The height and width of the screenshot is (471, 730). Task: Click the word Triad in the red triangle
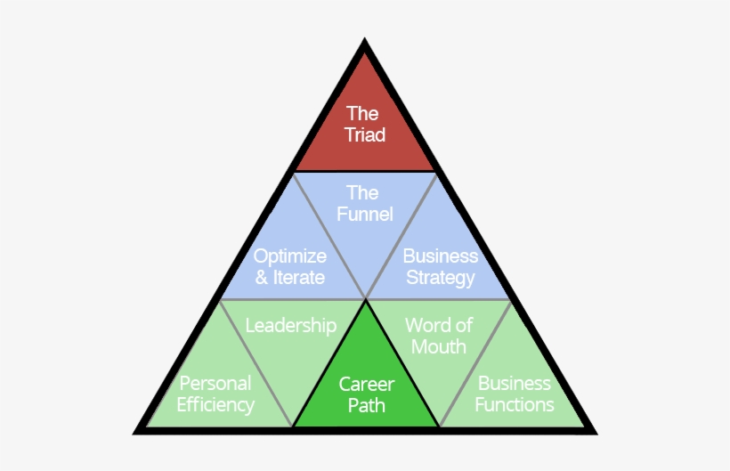[x=365, y=136]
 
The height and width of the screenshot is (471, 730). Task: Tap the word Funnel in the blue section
[x=365, y=215]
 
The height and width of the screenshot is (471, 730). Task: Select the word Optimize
[x=290, y=256]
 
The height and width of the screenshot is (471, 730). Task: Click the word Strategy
[x=440, y=278]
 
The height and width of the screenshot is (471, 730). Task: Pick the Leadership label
[x=291, y=325]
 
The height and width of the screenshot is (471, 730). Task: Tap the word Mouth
[x=439, y=346]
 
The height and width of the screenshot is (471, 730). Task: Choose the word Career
[x=366, y=385]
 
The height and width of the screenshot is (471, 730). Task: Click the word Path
[x=366, y=406]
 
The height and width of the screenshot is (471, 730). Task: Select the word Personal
[x=215, y=384]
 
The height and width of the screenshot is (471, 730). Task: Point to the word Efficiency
[x=215, y=405]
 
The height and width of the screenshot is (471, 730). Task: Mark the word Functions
[x=515, y=405]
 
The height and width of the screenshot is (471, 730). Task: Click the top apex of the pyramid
[x=365, y=42]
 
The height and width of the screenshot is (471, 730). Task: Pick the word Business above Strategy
[x=440, y=256]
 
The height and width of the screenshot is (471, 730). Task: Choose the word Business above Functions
[x=515, y=384]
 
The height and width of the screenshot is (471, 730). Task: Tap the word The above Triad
[x=363, y=114]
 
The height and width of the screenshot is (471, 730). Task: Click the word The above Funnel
[x=363, y=193]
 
